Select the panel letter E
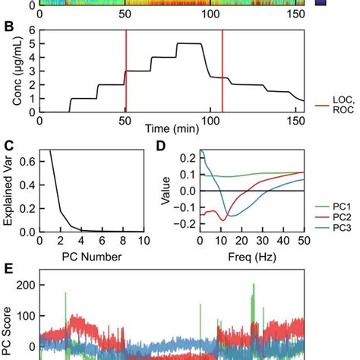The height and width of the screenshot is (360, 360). pos(8,267)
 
